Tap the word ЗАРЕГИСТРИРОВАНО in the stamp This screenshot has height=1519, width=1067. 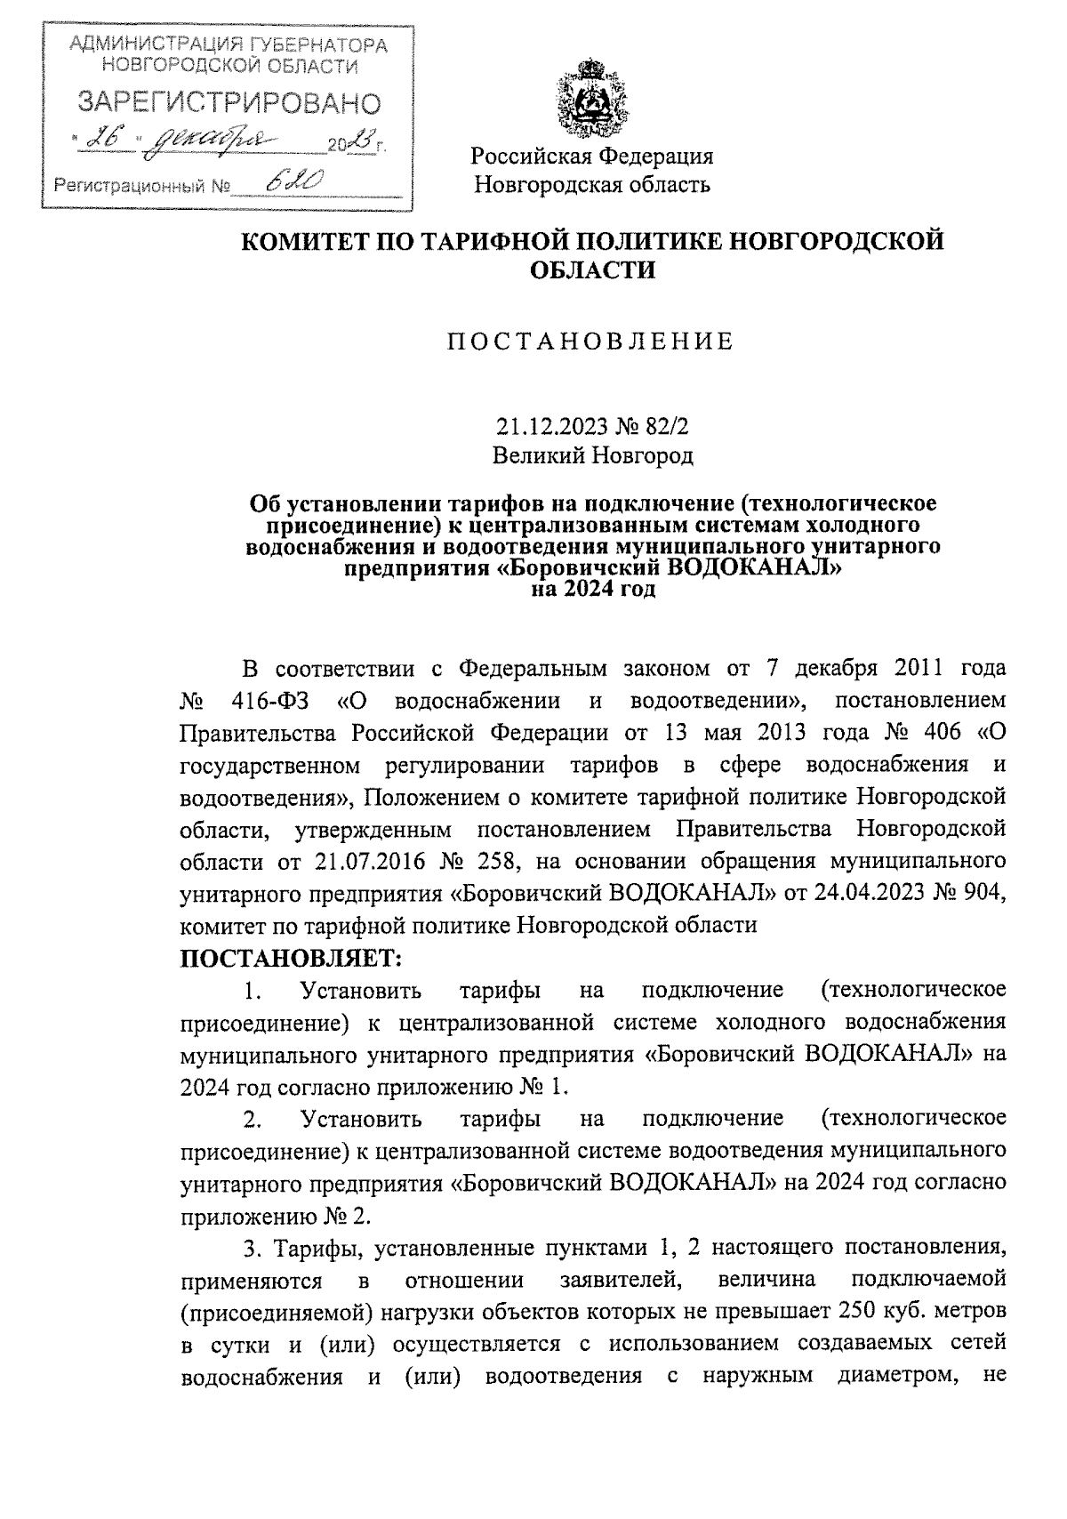click(230, 103)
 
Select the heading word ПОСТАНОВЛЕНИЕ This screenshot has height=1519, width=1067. click(590, 342)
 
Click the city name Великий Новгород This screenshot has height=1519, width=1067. click(592, 456)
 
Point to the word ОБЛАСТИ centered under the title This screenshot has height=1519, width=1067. click(592, 269)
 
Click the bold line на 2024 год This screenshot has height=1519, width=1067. click(592, 589)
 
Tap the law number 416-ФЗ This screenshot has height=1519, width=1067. click(269, 701)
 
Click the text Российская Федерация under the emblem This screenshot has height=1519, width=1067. click(592, 157)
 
